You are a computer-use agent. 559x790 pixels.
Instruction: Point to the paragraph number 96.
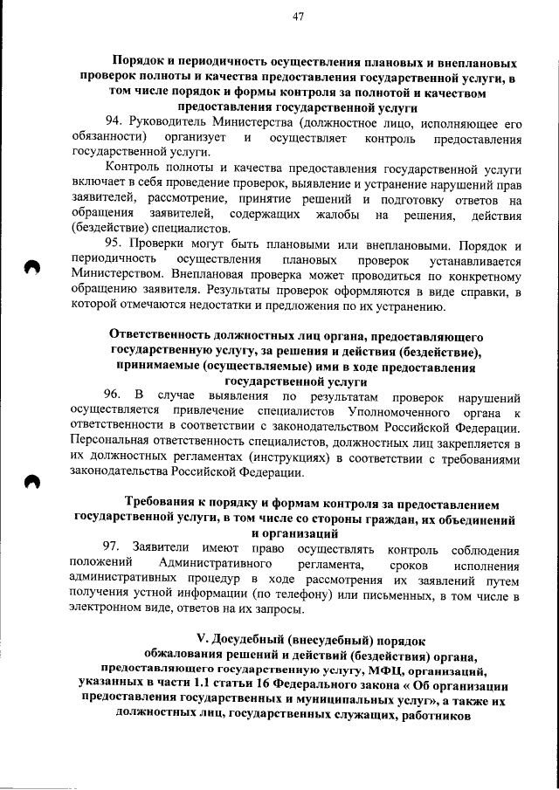click(113, 396)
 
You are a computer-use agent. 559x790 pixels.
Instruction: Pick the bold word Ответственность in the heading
click(167, 334)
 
